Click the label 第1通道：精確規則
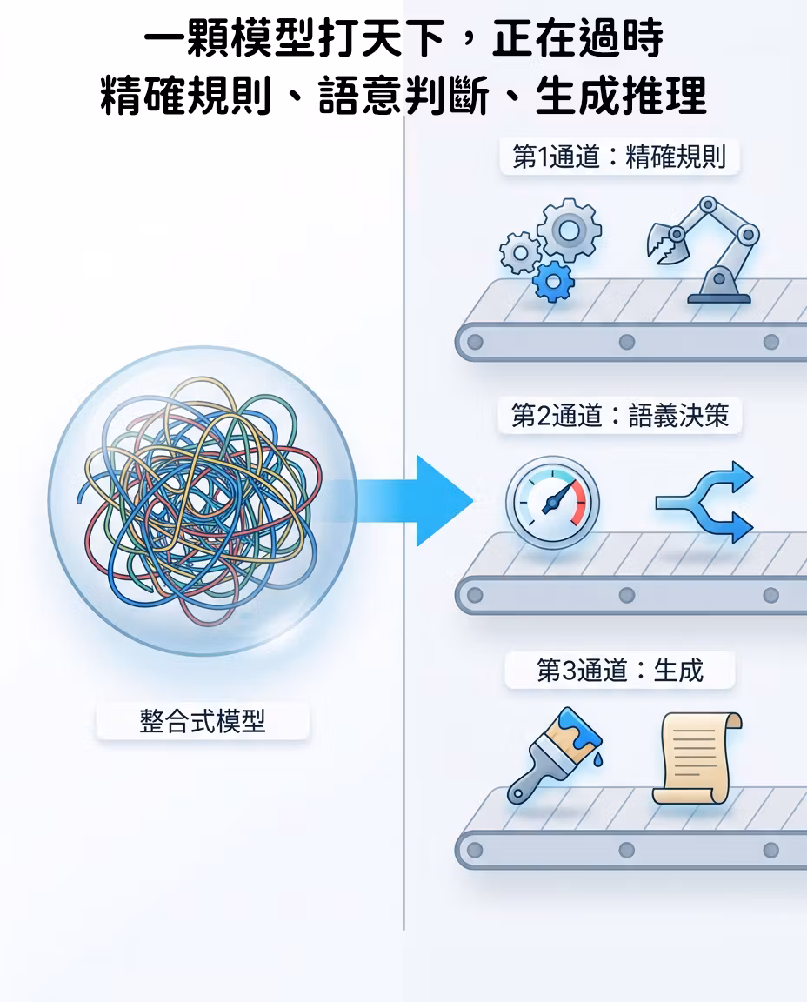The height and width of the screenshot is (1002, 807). (x=619, y=157)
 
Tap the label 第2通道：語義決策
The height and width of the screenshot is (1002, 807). (x=620, y=416)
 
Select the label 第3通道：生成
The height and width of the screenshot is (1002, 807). (x=620, y=671)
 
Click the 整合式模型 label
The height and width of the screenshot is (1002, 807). (x=203, y=721)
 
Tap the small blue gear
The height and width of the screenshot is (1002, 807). (x=553, y=281)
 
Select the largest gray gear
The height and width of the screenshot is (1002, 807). (x=569, y=230)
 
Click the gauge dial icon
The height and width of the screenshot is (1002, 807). (x=553, y=502)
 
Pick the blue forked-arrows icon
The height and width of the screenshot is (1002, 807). (x=704, y=502)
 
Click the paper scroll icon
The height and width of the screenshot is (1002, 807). (x=697, y=758)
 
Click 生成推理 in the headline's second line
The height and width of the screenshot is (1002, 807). (x=621, y=96)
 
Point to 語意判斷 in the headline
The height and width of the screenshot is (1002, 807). (x=403, y=96)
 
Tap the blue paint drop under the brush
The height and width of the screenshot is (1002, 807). (x=597, y=759)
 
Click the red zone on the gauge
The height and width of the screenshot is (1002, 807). (x=579, y=503)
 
